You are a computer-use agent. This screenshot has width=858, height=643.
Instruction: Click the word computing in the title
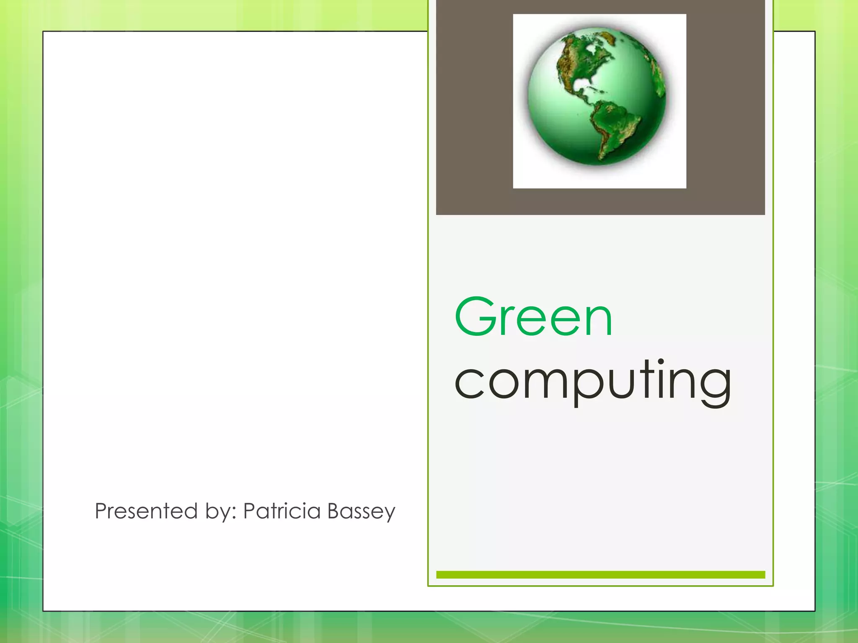pyautogui.click(x=593, y=381)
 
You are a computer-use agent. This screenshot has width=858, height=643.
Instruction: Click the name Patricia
pyautogui.click(x=282, y=511)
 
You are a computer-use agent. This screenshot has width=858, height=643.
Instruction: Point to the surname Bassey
pyautogui.click(x=361, y=512)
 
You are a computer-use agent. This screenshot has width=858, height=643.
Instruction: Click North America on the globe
pyautogui.click(x=582, y=63)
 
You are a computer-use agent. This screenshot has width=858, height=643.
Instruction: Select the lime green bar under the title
pyautogui.click(x=600, y=575)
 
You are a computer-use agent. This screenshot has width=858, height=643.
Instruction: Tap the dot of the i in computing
pyautogui.click(x=661, y=362)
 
